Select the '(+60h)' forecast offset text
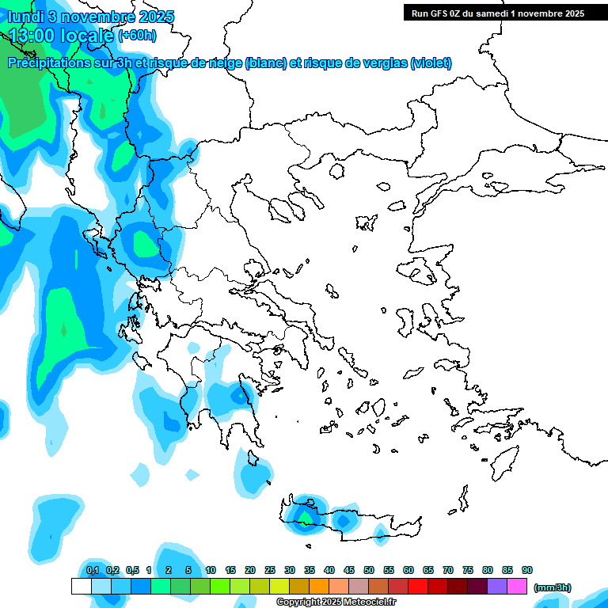137,36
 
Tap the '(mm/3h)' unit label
553,587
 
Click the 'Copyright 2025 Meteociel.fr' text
336,602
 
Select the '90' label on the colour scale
527,570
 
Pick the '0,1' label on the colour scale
93,570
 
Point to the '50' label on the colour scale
369,570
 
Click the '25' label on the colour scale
270,570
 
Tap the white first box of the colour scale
82,587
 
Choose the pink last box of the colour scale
517,587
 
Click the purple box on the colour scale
497,587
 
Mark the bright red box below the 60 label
418,587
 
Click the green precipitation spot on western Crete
304,518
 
